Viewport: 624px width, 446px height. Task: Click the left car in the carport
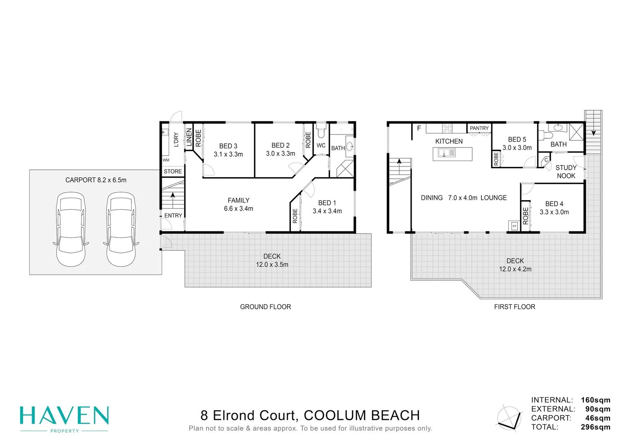[x=71, y=229]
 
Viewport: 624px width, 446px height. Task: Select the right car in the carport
[x=121, y=229]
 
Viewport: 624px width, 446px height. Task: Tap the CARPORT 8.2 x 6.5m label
[x=96, y=180]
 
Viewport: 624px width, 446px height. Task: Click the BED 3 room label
[x=228, y=150]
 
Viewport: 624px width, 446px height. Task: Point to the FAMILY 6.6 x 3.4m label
[x=238, y=204]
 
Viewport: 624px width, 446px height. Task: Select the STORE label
[x=173, y=171]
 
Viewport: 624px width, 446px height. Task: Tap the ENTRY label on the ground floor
[x=173, y=216]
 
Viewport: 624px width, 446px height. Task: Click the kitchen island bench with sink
[x=452, y=154]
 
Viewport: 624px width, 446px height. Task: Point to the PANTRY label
[x=479, y=128]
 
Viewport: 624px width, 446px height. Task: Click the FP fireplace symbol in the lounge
[x=514, y=226]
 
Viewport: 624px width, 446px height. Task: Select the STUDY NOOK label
[x=566, y=172]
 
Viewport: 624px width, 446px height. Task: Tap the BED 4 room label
[x=554, y=208]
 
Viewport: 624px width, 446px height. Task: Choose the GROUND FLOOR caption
[x=265, y=307]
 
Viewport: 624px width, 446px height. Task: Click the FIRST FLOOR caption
[x=514, y=307]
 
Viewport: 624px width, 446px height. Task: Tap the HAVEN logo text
[x=64, y=415]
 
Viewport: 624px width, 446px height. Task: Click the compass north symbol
[x=509, y=417]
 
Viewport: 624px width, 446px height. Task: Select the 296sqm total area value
[x=595, y=427]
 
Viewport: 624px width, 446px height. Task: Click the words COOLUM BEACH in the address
[x=362, y=415]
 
